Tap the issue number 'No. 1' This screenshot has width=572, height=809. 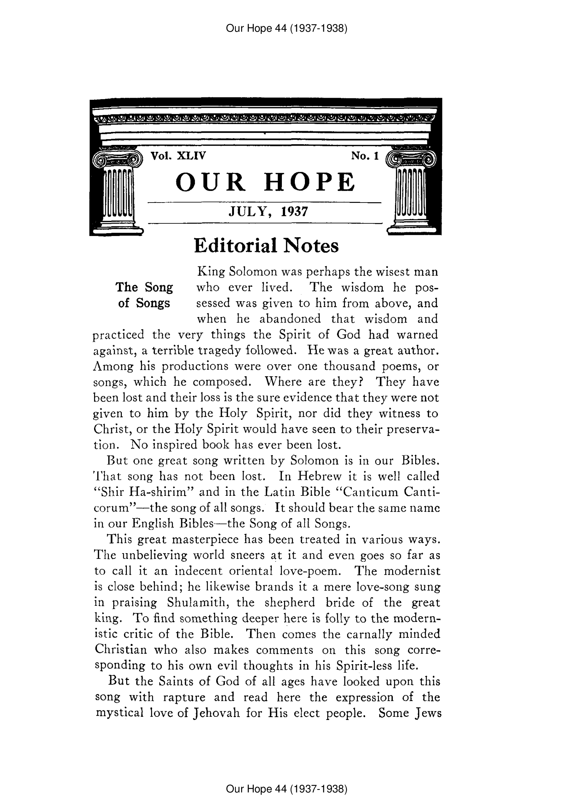[x=365, y=156]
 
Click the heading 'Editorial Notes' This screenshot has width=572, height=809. [x=266, y=246]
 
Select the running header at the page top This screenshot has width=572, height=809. [x=286, y=28]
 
